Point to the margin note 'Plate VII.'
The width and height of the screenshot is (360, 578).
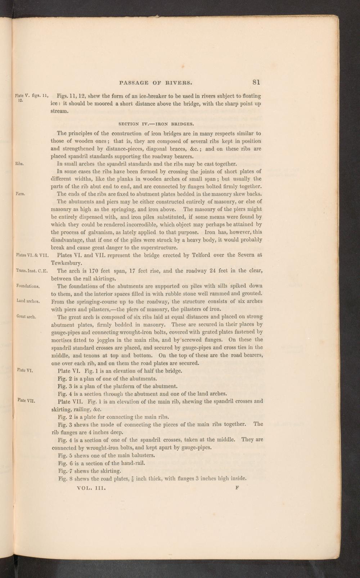pos(26,400)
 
